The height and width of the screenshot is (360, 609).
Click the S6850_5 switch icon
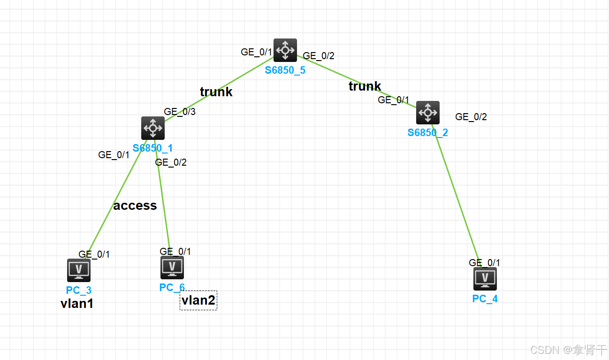click(x=285, y=50)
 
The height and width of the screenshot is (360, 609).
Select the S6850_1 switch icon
click(x=153, y=128)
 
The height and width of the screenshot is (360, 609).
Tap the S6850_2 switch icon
click(x=428, y=113)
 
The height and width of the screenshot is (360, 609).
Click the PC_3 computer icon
click(x=79, y=270)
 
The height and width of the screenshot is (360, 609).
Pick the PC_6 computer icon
click(x=172, y=268)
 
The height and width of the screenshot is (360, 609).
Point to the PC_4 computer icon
click(x=485, y=279)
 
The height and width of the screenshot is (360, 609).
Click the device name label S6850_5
click(x=285, y=70)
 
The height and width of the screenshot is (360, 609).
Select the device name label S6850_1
click(x=152, y=148)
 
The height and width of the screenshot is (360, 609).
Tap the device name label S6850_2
click(x=427, y=132)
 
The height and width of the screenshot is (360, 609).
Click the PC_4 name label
click(x=485, y=299)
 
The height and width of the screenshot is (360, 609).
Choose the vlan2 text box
click(x=198, y=300)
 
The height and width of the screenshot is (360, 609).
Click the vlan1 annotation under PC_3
click(x=77, y=304)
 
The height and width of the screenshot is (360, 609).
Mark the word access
click(x=135, y=206)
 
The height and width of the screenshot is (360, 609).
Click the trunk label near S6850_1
click(x=216, y=92)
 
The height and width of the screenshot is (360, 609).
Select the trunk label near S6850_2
click(x=365, y=86)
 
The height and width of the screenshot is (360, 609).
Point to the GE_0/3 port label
click(x=180, y=112)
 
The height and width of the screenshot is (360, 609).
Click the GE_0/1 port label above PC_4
click(x=485, y=263)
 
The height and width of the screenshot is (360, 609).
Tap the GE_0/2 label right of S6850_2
click(x=471, y=117)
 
